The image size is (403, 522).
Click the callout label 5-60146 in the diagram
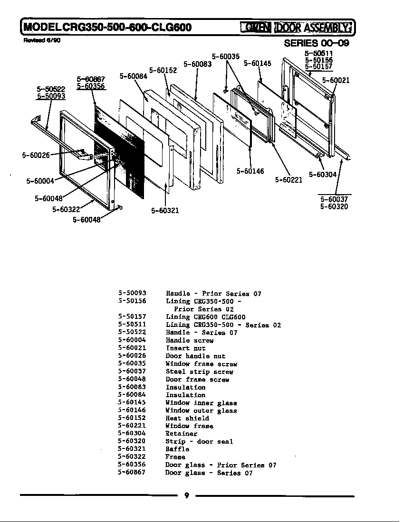point(250,171)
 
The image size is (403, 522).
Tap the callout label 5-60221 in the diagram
point(288,180)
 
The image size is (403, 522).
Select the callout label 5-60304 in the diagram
point(322,175)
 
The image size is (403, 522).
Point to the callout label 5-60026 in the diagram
point(36,155)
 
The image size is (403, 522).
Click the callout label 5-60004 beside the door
point(40,180)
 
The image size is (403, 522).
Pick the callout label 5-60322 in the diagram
point(66,209)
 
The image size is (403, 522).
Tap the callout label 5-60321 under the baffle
point(165,211)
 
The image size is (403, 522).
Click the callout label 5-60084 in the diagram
point(133,76)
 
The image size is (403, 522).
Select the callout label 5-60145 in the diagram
point(257,63)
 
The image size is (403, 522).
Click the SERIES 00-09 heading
point(316,43)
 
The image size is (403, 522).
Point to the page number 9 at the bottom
point(186,496)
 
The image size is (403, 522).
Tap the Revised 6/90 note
point(42,40)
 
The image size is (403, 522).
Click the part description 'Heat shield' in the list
point(187,418)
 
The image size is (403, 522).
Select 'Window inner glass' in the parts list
point(201,402)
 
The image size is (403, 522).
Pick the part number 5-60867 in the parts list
point(132,472)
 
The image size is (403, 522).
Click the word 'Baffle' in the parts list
point(177,449)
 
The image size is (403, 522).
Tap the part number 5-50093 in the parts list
point(132,293)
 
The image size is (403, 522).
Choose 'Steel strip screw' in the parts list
point(199,372)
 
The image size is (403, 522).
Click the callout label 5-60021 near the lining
point(336,80)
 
